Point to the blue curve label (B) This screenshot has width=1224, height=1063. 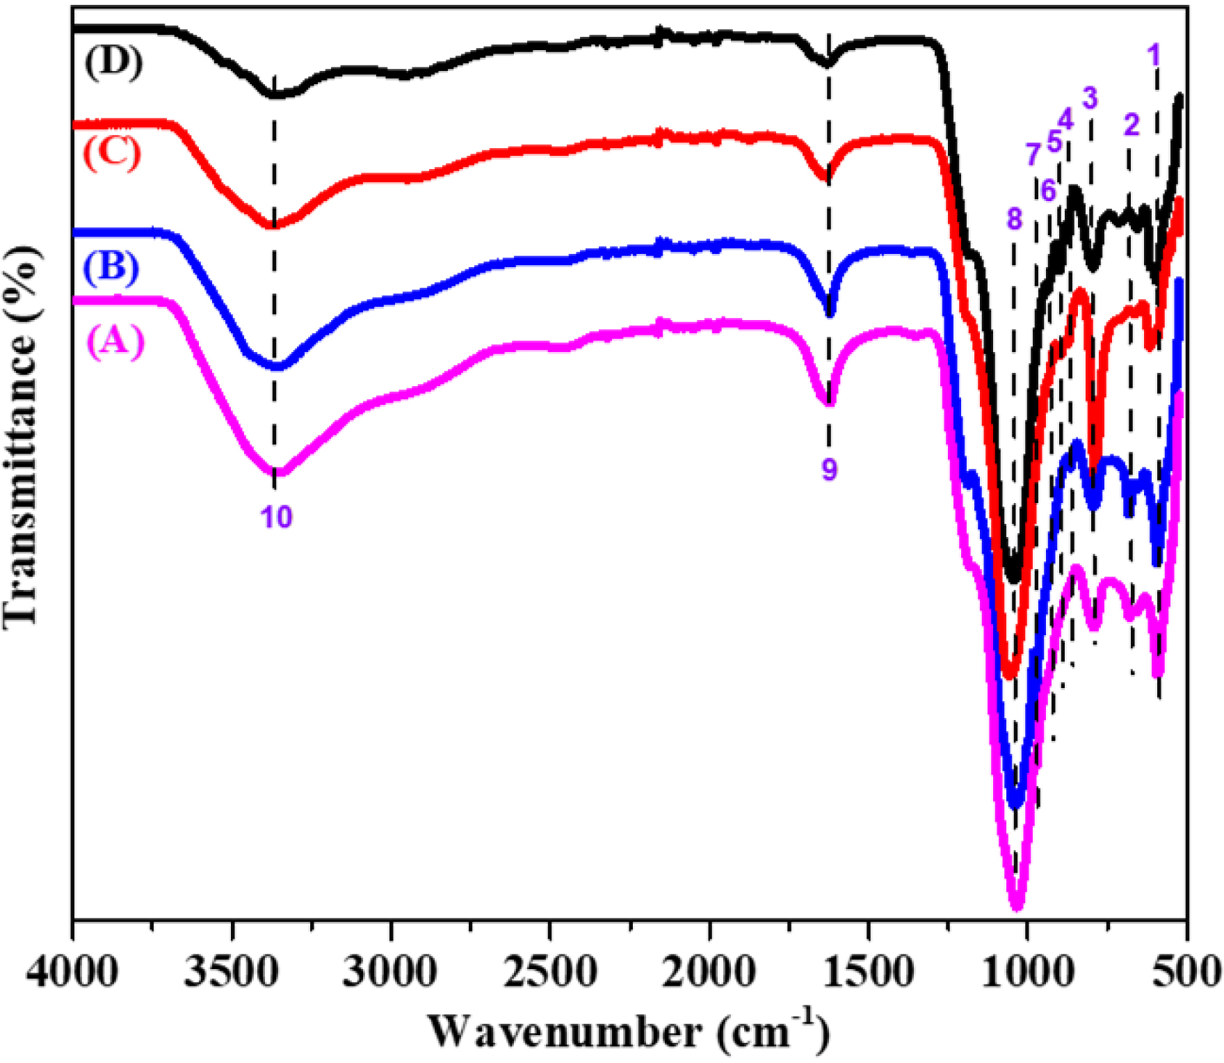[x=111, y=267]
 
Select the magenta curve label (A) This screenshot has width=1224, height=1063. [x=115, y=341]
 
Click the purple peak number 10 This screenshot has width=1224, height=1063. [x=276, y=517]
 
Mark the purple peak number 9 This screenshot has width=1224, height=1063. [x=829, y=470]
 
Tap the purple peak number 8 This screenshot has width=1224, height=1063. [x=1014, y=219]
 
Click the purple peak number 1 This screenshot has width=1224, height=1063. [x=1154, y=54]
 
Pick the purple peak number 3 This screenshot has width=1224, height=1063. [x=1090, y=98]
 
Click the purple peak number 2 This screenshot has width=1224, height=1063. [x=1132, y=125]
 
